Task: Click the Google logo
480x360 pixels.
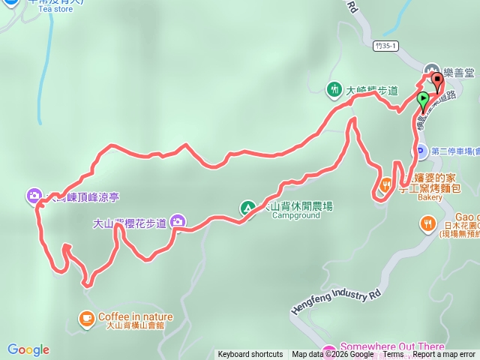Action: (28, 349)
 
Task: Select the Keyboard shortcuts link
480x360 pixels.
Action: (250, 355)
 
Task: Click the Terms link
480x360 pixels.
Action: (393, 355)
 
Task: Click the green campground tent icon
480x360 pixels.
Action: (246, 207)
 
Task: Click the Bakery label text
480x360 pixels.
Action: (430, 199)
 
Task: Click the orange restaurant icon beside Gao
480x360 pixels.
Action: (427, 223)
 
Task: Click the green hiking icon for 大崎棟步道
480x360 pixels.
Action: (334, 90)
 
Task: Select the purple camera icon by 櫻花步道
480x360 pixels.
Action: (178, 220)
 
